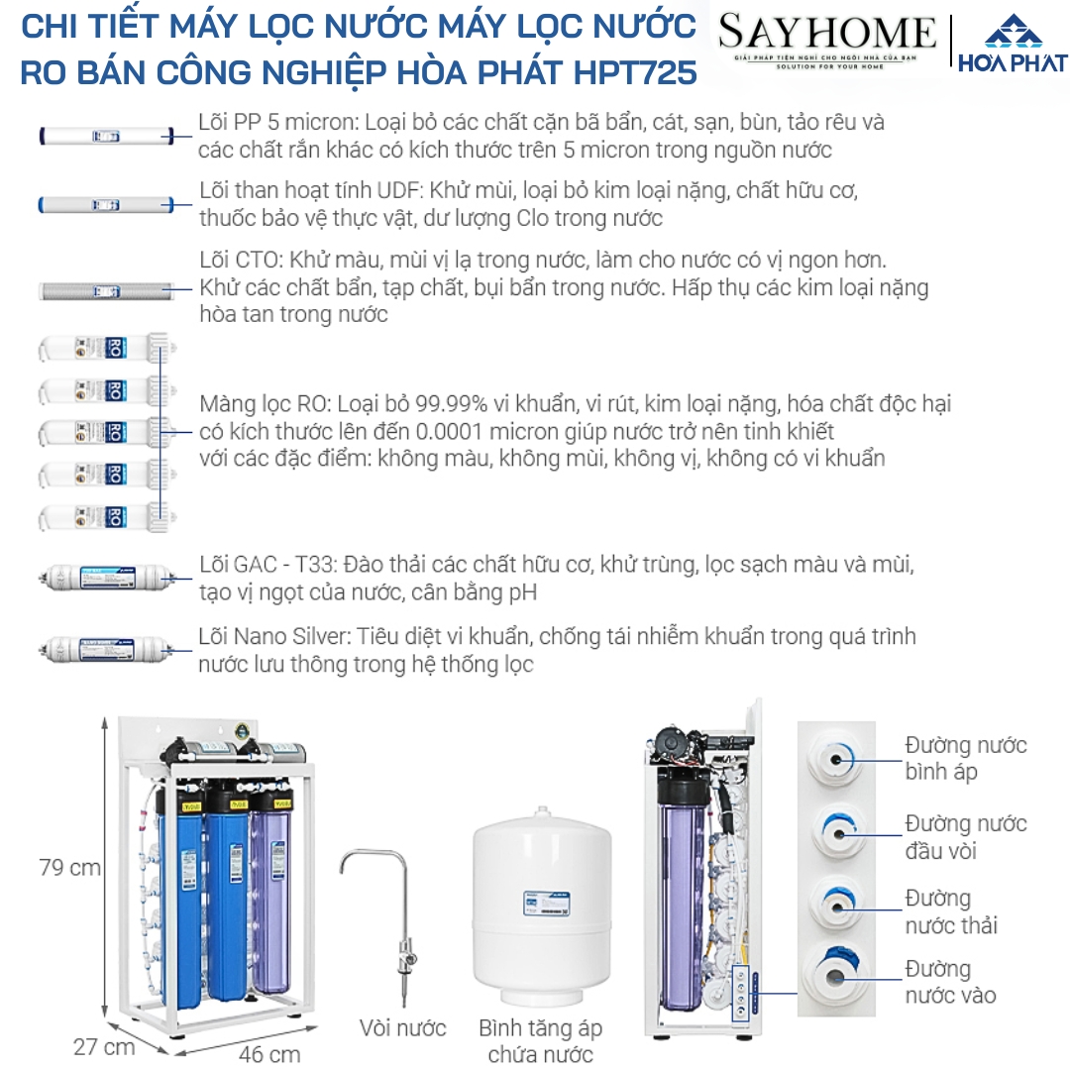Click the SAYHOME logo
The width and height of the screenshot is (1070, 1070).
point(827,40)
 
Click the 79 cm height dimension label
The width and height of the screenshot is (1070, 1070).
point(69,868)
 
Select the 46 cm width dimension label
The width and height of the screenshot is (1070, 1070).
point(269,1053)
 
